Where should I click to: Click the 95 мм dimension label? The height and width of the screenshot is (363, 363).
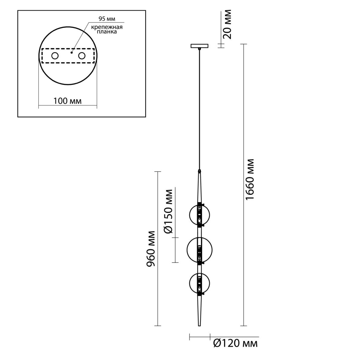click(x=107, y=19)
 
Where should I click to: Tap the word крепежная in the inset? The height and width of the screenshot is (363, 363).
click(x=107, y=27)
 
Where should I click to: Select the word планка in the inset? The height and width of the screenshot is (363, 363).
click(x=106, y=32)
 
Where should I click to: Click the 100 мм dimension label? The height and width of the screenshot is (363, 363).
click(x=68, y=101)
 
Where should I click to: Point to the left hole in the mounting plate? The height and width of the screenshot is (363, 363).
click(x=55, y=56)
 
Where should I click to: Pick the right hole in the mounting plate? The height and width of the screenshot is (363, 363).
click(x=82, y=56)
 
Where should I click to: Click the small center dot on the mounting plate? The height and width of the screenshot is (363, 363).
click(x=71, y=53)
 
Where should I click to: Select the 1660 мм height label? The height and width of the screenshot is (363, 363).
click(x=250, y=179)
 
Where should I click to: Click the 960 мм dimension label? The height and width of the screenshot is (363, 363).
click(x=151, y=248)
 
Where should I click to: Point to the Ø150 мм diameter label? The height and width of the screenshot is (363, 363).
click(x=168, y=211)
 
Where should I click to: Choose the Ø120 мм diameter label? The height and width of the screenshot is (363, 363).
click(x=235, y=344)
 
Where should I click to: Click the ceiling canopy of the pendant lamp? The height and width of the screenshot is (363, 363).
click(x=199, y=46)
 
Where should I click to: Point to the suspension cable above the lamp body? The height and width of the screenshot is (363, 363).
click(x=199, y=109)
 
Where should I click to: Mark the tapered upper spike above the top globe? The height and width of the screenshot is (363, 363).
click(x=199, y=187)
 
